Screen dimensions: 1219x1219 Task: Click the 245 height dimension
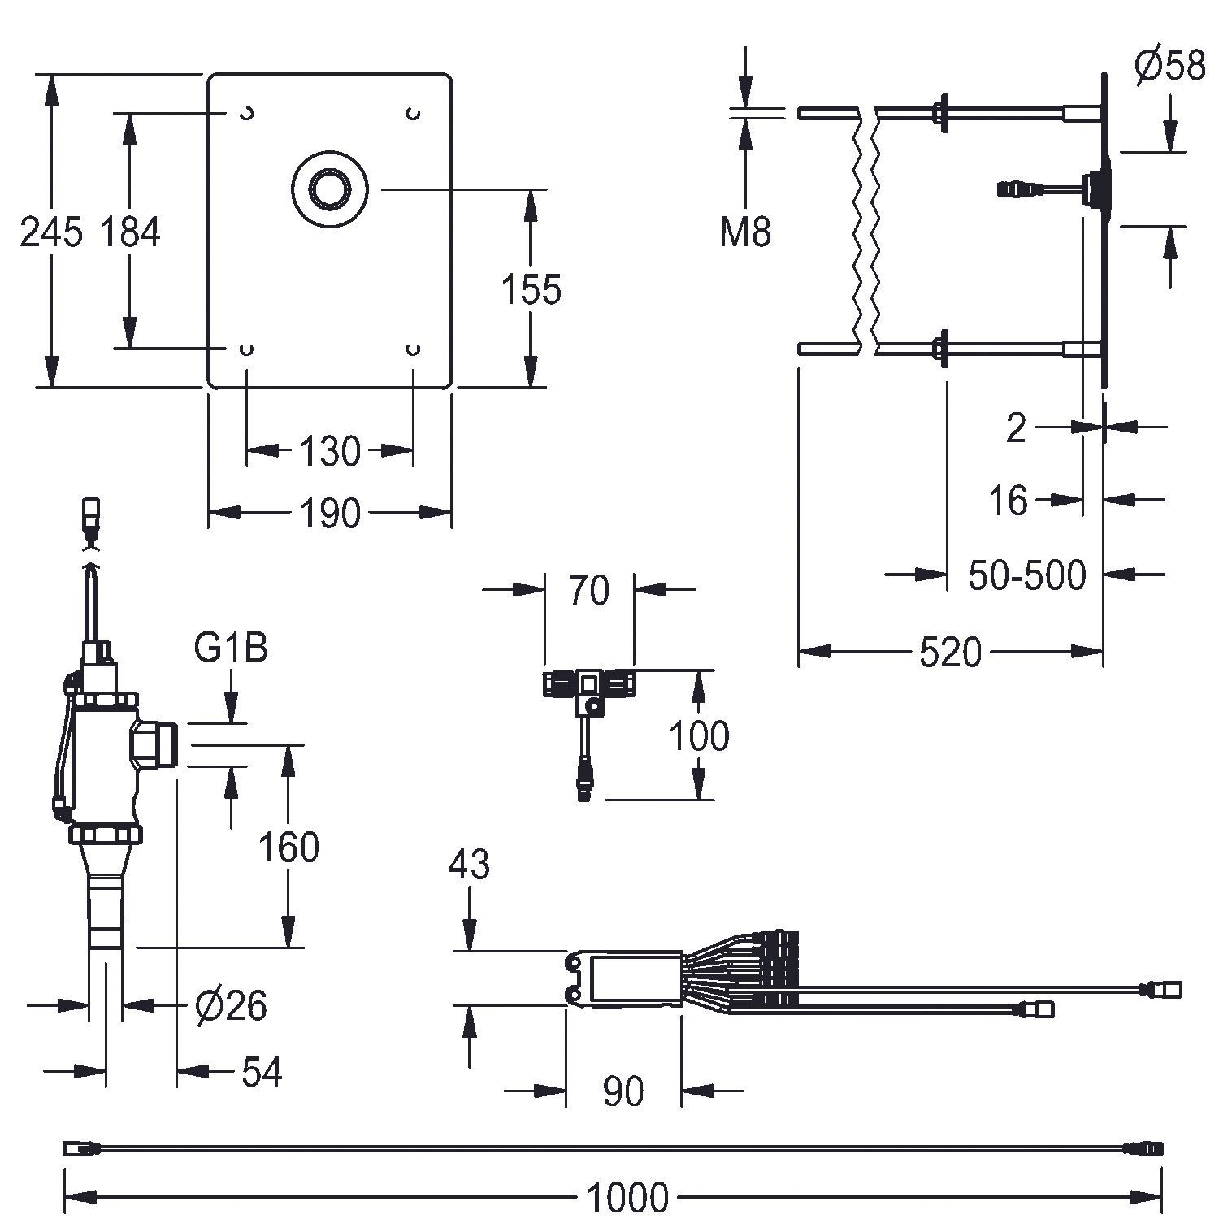coord(51,232)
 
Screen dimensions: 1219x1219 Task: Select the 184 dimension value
coord(130,232)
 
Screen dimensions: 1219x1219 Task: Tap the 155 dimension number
coord(531,290)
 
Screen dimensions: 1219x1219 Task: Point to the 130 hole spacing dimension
coord(329,450)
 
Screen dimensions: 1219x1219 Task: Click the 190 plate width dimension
coord(329,514)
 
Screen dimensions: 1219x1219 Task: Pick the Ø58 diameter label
coord(1169,66)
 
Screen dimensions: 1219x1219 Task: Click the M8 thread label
coord(745,232)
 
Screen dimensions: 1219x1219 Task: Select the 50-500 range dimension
coord(1026,575)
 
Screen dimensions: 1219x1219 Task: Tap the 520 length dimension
coord(950,653)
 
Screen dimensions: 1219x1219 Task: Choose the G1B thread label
coord(232,649)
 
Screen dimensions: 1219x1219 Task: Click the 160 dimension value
coord(288,847)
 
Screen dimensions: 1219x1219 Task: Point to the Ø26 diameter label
coord(232,1006)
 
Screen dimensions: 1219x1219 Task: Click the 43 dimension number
coord(469,865)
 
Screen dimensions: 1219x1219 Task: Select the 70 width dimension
coord(588,590)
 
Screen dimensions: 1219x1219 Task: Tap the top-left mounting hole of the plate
coord(247,114)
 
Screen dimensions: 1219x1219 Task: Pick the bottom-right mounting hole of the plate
coord(414,349)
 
